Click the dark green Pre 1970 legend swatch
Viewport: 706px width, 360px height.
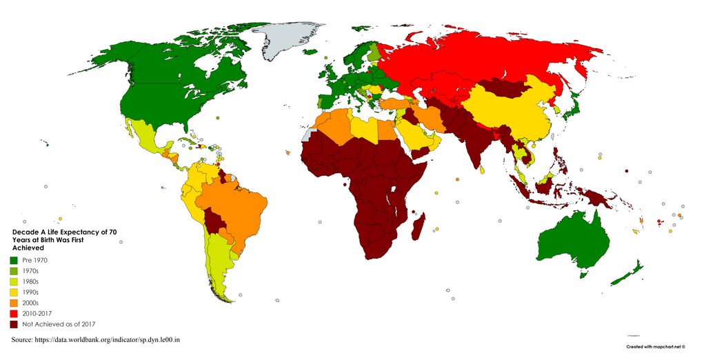13,260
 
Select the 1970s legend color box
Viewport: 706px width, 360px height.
13,271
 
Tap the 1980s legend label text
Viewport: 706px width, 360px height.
32,281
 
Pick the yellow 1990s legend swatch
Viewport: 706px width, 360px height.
13,292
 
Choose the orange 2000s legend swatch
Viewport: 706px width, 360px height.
13,303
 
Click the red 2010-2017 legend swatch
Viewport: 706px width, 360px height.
13,313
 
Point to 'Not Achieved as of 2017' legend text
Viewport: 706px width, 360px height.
58,324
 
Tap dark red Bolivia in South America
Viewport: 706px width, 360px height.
216,222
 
